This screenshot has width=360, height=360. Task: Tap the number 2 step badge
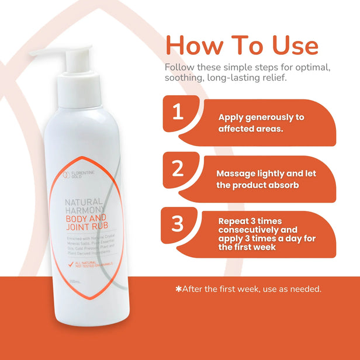[x=177, y=168]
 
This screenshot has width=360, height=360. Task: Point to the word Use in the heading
[x=290, y=45]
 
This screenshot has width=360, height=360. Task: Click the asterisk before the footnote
[x=178, y=289]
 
